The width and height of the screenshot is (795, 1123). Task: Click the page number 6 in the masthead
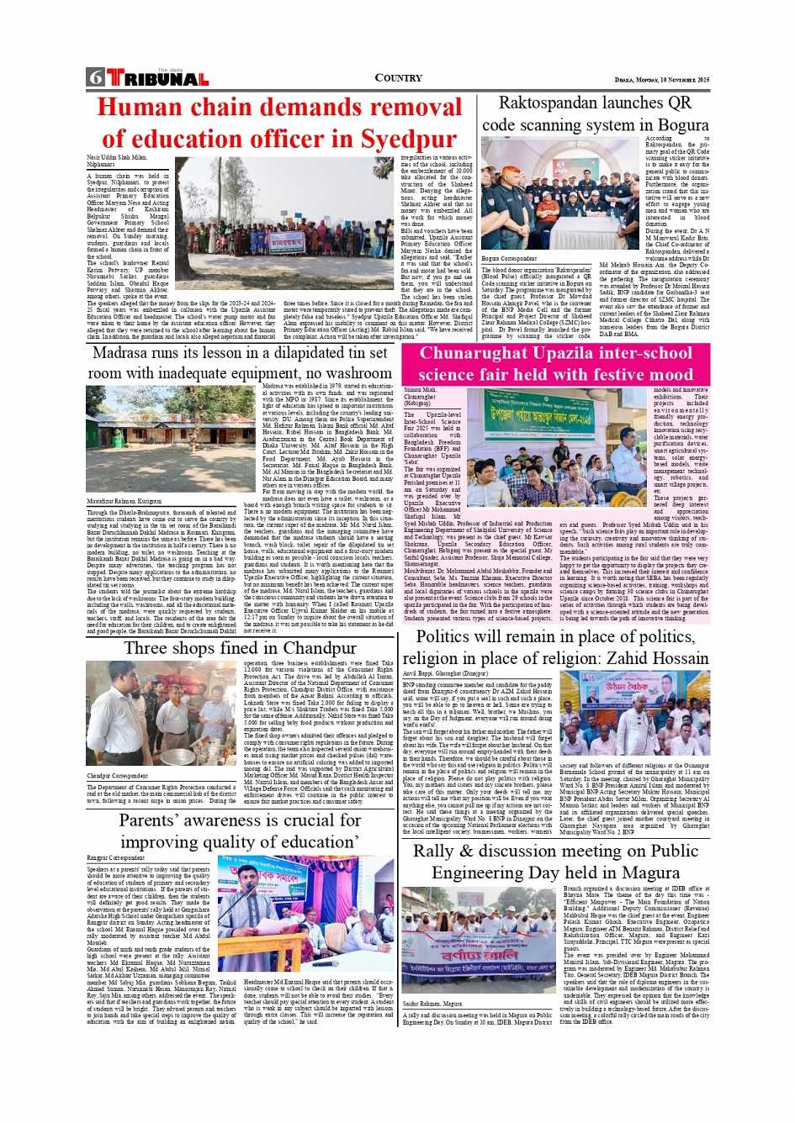(95, 78)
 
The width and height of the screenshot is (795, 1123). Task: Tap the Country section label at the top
(398, 78)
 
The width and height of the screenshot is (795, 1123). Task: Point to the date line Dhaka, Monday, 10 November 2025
(661, 80)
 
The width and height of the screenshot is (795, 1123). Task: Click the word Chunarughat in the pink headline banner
(475, 353)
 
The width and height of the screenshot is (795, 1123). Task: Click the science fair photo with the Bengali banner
(557, 434)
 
